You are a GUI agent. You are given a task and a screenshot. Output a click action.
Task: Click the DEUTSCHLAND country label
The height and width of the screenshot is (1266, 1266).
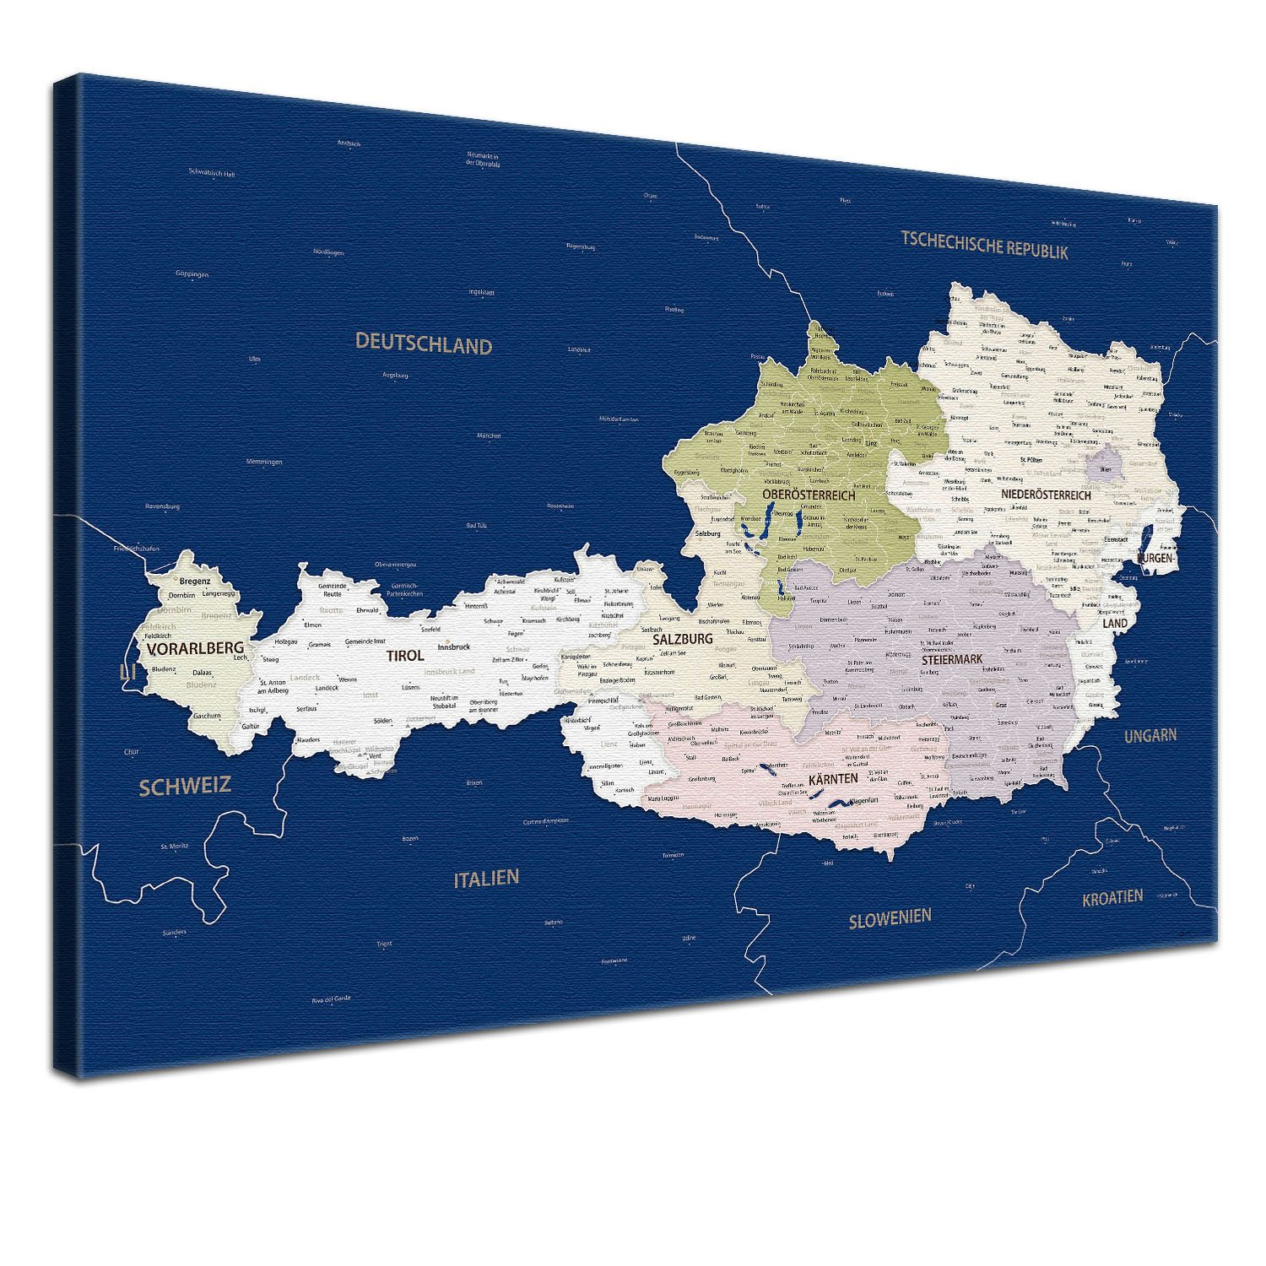pos(423,344)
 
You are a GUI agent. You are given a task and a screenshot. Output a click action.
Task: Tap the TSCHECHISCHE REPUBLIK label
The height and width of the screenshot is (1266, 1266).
pos(984,245)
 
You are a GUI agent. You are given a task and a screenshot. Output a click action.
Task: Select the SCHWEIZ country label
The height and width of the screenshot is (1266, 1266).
pos(185,786)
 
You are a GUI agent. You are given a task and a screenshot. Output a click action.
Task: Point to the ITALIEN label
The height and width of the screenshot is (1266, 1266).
pos(486,878)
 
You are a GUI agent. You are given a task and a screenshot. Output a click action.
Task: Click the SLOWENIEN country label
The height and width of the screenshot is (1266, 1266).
pos(890,917)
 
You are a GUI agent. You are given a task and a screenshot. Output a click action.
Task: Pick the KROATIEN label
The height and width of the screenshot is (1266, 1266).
pos(1112,897)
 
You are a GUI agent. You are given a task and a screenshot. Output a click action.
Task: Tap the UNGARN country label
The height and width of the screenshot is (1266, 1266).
pos(1150,735)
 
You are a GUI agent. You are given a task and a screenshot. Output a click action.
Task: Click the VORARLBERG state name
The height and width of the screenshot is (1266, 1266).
pos(195,648)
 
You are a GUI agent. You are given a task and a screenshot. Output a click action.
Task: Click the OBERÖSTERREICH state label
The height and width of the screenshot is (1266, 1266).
pos(808,495)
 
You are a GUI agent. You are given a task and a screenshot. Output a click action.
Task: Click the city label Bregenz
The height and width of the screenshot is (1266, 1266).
pos(195,581)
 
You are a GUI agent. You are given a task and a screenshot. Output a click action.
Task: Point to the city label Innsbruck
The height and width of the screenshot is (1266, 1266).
pos(454,647)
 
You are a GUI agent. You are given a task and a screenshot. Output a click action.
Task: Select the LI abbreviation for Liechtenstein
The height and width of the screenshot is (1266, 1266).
pos(128,671)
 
